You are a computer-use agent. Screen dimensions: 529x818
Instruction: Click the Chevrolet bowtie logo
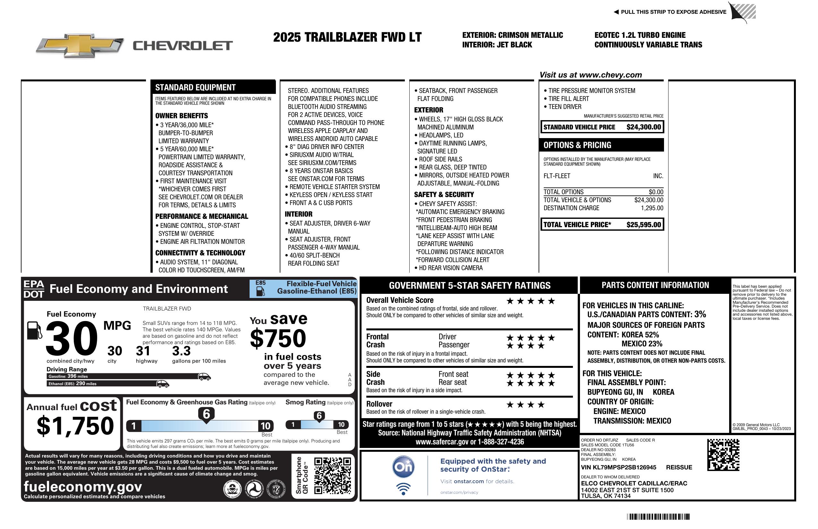pos(80,45)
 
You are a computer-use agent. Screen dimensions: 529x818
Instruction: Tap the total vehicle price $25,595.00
pos(643,225)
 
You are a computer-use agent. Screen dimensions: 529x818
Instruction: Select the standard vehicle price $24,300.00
pos(643,127)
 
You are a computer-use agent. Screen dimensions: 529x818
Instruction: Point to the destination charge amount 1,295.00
pos(652,208)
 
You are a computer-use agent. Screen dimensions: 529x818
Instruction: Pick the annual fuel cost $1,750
pos(75,426)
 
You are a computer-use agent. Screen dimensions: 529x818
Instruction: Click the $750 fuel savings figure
pos(278,338)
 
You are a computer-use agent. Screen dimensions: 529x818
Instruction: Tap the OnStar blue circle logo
pos(403,467)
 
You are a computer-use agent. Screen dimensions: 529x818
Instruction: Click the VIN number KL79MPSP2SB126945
pos(618,467)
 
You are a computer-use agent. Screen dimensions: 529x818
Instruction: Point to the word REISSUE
pos(679,467)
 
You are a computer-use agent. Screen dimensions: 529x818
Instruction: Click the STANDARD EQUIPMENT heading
pos(195,87)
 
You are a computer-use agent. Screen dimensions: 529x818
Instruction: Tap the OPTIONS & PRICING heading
pos(577,145)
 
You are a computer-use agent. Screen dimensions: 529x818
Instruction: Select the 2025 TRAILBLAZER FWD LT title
pos(347,37)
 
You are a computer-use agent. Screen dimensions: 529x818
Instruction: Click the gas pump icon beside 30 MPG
pos(34,330)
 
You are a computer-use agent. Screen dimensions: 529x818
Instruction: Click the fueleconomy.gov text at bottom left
pos(82,486)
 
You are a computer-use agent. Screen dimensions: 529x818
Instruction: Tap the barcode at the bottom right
pos(658,517)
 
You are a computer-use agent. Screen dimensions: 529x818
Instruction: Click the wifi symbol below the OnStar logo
pos(403,489)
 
